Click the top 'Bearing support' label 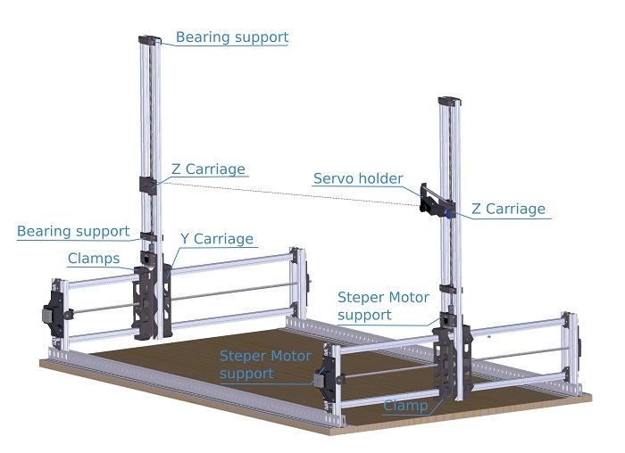click(231, 37)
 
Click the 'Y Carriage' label click(217, 239)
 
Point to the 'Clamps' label click(93, 259)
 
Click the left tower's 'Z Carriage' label click(208, 169)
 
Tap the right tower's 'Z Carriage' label click(508, 210)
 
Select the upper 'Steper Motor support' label click(383, 305)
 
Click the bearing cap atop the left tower click(149, 39)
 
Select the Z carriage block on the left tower click(147, 185)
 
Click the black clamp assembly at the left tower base click(145, 299)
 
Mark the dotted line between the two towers click(286, 191)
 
